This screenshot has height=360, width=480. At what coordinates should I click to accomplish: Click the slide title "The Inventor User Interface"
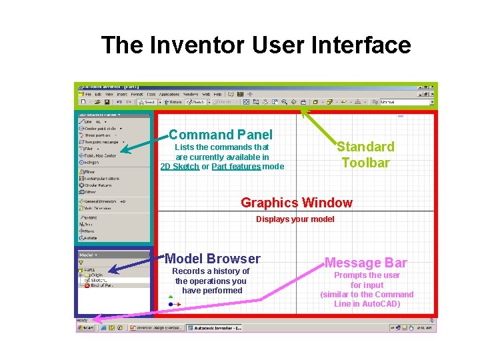click(x=256, y=45)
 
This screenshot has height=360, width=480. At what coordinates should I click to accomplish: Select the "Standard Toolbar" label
click(x=365, y=154)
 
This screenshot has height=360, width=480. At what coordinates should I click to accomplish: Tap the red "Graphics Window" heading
click(x=296, y=203)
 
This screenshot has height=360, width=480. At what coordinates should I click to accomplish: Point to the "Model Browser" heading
click(x=212, y=259)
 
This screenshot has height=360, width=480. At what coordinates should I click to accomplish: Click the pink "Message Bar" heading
click(x=366, y=263)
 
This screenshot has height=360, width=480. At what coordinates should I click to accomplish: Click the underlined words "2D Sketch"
click(x=179, y=167)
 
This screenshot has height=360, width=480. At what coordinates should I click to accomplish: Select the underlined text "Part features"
click(x=236, y=167)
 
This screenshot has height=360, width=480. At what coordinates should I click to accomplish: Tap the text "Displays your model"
click(x=295, y=219)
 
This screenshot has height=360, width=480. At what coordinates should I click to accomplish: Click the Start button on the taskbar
click(x=86, y=328)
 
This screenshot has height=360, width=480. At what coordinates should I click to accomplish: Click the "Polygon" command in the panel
click(x=92, y=162)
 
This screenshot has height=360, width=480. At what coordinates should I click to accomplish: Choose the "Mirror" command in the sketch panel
click(x=89, y=172)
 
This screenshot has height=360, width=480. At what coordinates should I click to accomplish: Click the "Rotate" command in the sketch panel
click(x=89, y=237)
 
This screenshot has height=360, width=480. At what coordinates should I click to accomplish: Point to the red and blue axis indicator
click(x=173, y=302)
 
